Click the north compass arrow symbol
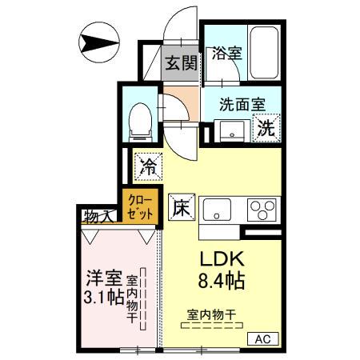(99, 41)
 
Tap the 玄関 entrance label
(182, 63)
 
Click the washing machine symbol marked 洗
(266, 126)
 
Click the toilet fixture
(141, 117)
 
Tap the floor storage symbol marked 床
(181, 207)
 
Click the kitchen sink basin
(217, 210)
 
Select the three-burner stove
(261, 210)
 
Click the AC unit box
(262, 339)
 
